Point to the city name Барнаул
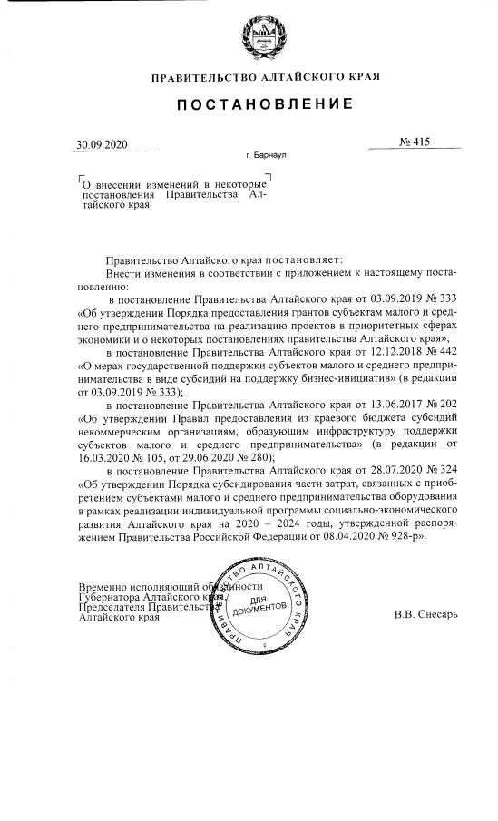pos(269,156)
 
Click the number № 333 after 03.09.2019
pos(439,298)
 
